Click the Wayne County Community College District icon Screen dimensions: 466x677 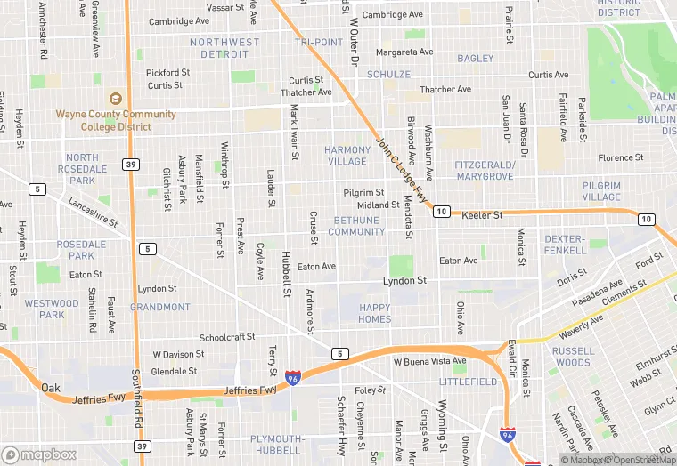(114, 99)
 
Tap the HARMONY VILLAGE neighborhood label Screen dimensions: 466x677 (347, 156)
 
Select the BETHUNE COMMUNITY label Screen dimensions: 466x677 (356, 226)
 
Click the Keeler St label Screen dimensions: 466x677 (482, 215)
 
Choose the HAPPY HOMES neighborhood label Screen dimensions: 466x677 (374, 313)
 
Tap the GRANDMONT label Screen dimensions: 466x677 (160, 308)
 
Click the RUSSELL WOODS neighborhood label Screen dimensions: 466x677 (572, 357)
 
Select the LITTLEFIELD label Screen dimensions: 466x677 (469, 382)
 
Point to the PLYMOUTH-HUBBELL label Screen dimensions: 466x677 (277, 445)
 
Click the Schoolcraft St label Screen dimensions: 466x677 (227, 338)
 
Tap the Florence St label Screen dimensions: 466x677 (620, 158)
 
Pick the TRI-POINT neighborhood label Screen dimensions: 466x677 (319, 43)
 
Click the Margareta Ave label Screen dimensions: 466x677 (404, 52)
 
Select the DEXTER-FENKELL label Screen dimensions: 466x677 (565, 245)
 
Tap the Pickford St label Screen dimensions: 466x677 (168, 73)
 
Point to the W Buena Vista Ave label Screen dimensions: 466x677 (430, 362)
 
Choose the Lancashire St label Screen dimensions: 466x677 (93, 212)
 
